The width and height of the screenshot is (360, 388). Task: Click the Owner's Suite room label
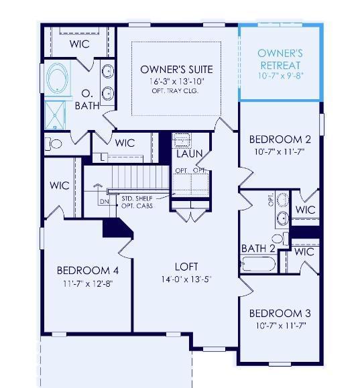[x=176, y=70]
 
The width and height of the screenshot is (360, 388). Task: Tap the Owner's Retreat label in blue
[x=280, y=60]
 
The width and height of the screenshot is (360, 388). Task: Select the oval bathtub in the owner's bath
[x=58, y=78]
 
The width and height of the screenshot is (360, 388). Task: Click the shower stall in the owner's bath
[x=55, y=115]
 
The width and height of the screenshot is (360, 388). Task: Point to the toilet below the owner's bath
[x=54, y=144]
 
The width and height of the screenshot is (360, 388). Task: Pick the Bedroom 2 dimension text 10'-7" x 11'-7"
[x=280, y=151]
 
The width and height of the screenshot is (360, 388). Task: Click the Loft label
[x=186, y=267]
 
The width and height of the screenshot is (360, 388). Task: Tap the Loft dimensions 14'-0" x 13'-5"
[x=186, y=279]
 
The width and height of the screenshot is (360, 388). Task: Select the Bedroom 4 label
[x=88, y=271]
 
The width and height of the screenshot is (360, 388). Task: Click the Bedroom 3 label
[x=280, y=313]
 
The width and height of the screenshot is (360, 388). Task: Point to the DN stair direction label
[x=104, y=202]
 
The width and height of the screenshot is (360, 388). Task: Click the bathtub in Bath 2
[x=258, y=264]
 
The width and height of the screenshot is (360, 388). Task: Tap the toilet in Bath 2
[x=280, y=239]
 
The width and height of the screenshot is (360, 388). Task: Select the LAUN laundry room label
[x=190, y=153]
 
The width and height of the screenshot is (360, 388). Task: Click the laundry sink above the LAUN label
[x=182, y=141]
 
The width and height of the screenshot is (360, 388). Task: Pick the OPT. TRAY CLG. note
[x=175, y=91]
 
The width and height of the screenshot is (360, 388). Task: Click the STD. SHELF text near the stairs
[x=137, y=199]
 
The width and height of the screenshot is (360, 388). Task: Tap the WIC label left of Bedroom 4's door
[x=60, y=186]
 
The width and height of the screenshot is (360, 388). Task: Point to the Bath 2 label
[x=258, y=249]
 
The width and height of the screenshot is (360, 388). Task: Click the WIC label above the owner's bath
[x=80, y=44]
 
